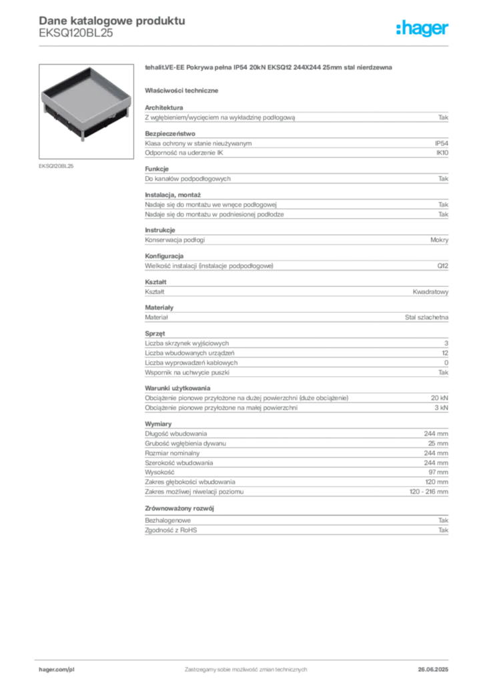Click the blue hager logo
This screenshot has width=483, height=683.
(x=423, y=29)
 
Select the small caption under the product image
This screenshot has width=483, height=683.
(x=55, y=165)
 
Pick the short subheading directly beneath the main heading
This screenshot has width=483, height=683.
(x=184, y=90)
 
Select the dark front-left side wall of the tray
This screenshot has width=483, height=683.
(x=62, y=119)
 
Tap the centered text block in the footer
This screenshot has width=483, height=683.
(x=244, y=667)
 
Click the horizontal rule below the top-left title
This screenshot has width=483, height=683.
(x=246, y=45)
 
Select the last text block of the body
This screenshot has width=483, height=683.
(x=296, y=527)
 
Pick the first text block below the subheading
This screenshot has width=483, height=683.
(x=296, y=116)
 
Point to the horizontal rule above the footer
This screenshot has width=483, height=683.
(x=246, y=658)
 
